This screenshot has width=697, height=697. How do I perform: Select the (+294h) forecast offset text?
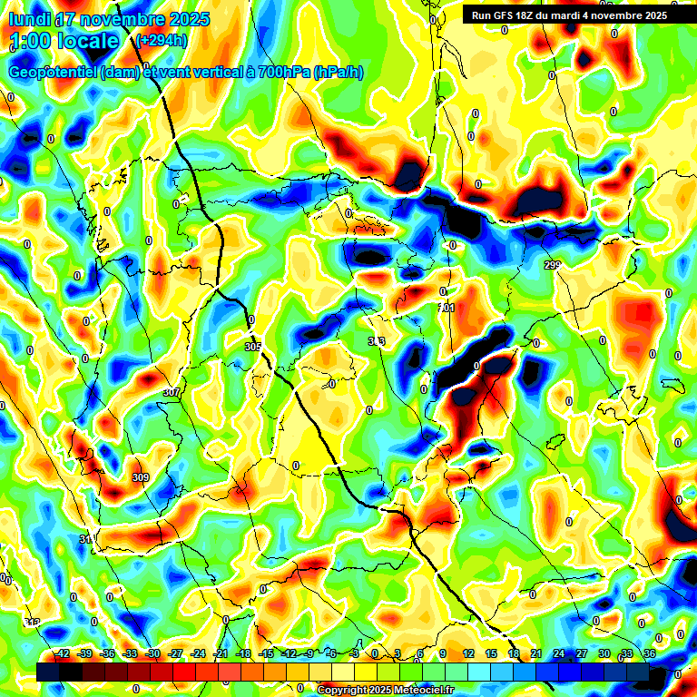(162, 41)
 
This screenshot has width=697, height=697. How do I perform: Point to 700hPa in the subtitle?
(283, 73)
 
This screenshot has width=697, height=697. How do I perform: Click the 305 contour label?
(253, 347)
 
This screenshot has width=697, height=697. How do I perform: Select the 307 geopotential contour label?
(171, 392)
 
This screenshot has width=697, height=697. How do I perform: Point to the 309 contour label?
(140, 477)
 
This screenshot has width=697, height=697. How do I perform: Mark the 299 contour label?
(553, 264)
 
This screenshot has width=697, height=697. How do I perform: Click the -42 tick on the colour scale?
(62, 653)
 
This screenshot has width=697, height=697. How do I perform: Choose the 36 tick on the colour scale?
(650, 653)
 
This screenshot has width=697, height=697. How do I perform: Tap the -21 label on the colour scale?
(221, 653)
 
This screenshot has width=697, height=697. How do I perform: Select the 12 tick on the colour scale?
(468, 653)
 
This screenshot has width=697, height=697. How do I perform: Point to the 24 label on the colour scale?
(559, 653)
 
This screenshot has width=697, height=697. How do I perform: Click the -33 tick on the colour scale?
(130, 653)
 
